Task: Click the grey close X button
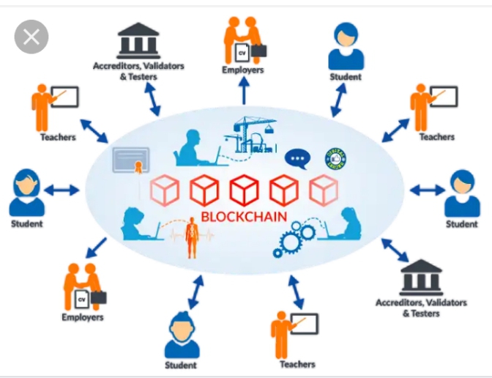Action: point(31,37)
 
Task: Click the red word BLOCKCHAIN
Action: point(244,217)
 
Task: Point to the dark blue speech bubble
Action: point(297,158)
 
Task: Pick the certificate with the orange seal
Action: point(131,160)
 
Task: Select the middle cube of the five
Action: point(244,190)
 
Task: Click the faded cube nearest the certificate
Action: point(165,190)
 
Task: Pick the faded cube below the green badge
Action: point(323,190)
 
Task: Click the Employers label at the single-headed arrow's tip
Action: point(244,70)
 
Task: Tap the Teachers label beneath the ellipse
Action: point(297,364)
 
